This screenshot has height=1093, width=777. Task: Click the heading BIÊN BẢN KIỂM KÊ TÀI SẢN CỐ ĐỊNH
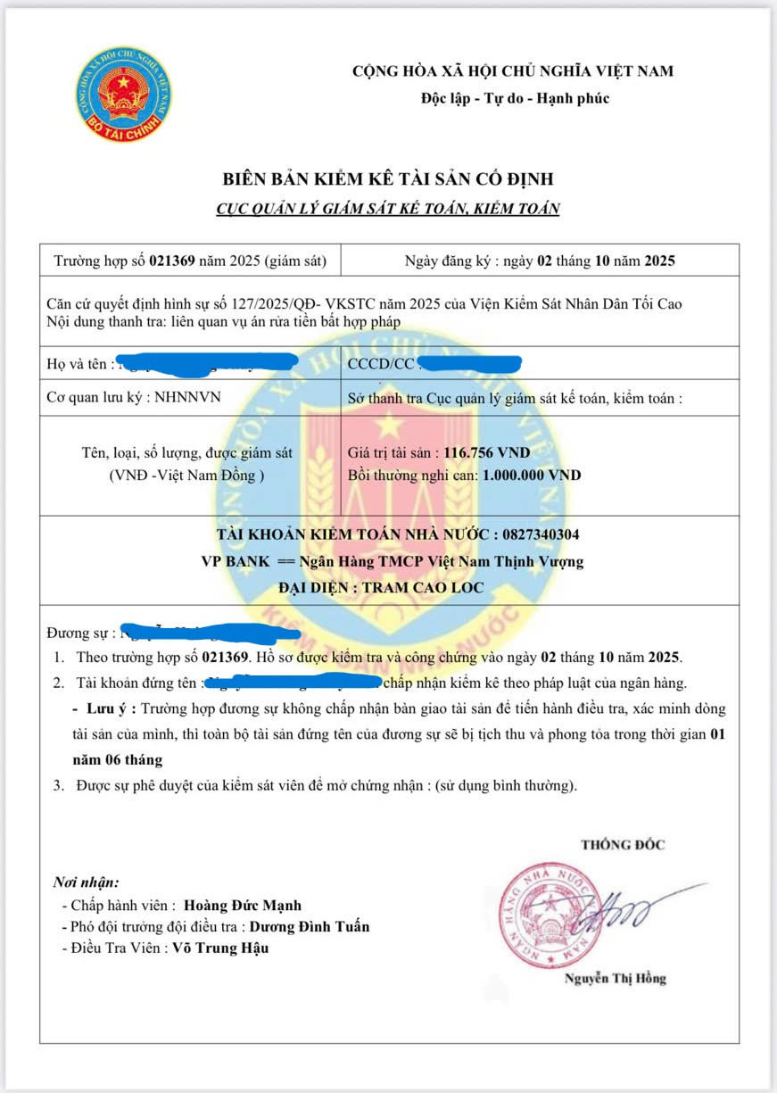tap(388, 180)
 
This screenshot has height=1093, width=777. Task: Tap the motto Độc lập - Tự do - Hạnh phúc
tap(515, 98)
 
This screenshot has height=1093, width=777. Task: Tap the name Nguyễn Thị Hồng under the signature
tap(615, 979)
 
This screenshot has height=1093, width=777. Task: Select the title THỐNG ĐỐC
tap(623, 844)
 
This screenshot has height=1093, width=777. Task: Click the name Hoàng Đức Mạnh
tap(249, 906)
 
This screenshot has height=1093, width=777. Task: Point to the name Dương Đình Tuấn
tap(309, 927)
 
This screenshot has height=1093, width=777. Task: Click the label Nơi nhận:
tap(86, 882)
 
